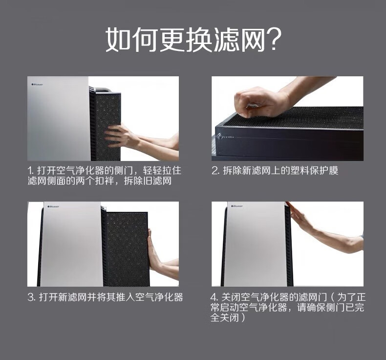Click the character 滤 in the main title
coord(226,40)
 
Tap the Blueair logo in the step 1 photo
coord(38,85)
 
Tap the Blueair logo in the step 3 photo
coord(53,206)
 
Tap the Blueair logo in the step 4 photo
coord(237,206)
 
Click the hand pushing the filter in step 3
coord(154,250)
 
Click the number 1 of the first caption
coord(30,171)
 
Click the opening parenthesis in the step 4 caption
coord(331,297)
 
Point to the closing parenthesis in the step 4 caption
coord(243,317)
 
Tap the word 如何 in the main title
coord(132,40)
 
